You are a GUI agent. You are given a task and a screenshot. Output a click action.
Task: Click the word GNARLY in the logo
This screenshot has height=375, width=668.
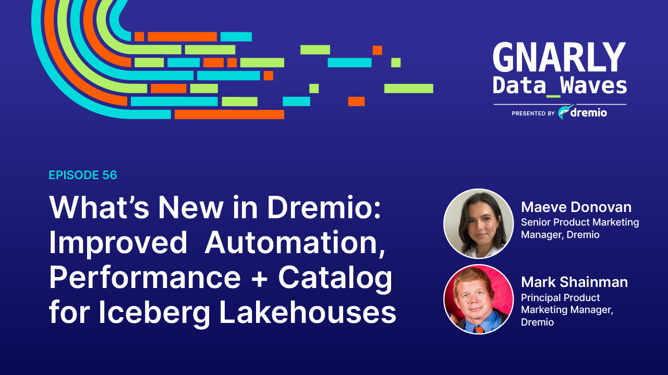[x=559, y=58]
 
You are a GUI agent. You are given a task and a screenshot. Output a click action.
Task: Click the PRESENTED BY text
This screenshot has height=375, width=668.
[x=533, y=113]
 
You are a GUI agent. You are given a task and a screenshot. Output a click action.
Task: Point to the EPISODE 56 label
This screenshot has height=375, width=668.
[x=83, y=176]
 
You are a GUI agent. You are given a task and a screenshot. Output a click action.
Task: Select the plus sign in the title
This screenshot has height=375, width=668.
[x=259, y=279]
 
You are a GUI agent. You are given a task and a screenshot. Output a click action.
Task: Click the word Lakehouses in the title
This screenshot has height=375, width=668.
[x=308, y=313]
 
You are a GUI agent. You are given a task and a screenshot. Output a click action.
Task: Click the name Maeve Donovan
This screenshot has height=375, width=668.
[x=576, y=207]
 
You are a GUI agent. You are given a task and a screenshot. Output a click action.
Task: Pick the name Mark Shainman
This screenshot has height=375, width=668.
[x=574, y=282]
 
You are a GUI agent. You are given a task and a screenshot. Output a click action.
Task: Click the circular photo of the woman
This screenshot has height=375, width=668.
[x=478, y=223]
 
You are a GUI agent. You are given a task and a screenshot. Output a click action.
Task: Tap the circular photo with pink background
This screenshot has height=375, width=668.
[x=478, y=299]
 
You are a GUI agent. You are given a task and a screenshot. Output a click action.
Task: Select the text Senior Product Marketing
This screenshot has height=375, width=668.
[x=580, y=222]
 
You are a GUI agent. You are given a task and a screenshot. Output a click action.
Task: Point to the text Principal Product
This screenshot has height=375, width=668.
[x=561, y=298]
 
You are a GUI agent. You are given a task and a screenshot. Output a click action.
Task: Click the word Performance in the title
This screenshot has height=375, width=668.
[x=145, y=279]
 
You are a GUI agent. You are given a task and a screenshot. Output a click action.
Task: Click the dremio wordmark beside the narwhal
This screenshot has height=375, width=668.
[x=589, y=113]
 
